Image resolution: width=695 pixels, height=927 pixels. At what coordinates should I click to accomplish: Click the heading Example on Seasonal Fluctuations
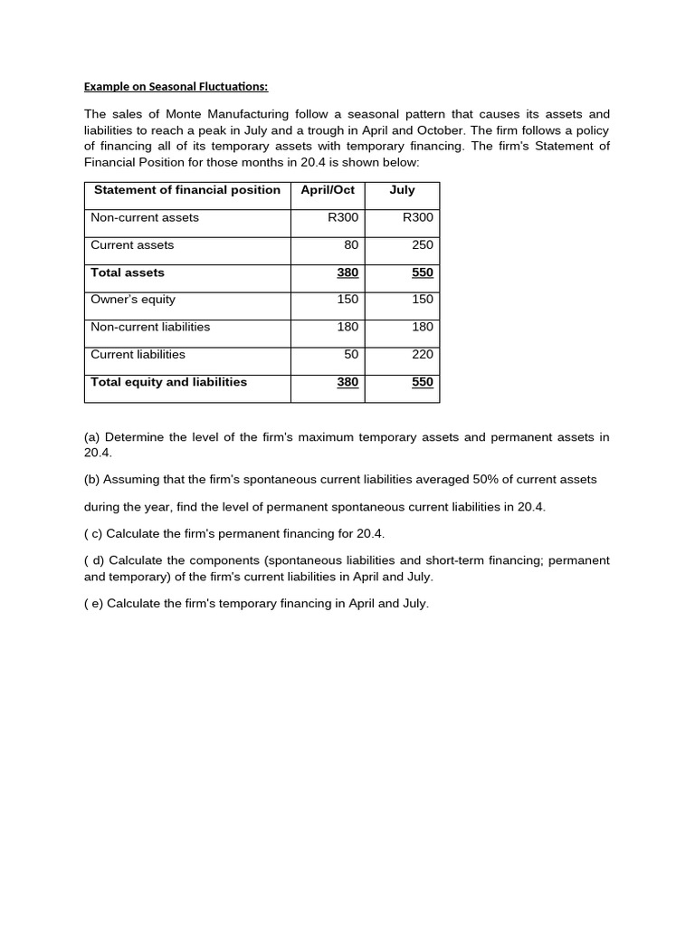(176, 87)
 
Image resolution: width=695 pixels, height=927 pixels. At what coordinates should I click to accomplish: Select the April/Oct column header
(327, 190)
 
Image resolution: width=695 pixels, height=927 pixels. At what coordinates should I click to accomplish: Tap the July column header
(402, 190)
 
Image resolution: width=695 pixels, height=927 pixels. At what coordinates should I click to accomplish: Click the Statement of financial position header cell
(187, 190)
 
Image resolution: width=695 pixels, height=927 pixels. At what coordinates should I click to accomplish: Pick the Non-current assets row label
(145, 217)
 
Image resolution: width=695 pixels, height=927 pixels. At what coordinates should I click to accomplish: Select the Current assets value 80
(351, 244)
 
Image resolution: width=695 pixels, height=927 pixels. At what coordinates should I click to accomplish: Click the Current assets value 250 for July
(422, 244)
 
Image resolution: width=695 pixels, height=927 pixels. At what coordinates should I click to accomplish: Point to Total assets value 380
(347, 272)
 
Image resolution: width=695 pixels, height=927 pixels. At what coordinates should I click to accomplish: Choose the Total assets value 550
(423, 272)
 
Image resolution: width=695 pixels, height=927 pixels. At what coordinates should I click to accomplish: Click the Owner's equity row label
(133, 300)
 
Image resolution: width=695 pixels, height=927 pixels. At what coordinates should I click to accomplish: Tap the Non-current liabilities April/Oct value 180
(347, 327)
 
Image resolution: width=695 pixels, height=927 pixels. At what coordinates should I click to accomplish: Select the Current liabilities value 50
(351, 354)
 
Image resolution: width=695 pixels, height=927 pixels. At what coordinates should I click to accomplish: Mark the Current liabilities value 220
(423, 354)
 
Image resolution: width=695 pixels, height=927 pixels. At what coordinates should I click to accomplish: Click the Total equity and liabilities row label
(168, 382)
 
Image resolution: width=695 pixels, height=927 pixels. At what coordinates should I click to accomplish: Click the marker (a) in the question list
(92, 437)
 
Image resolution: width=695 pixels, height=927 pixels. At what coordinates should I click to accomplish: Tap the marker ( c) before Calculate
(93, 534)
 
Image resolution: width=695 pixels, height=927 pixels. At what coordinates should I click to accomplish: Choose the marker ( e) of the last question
(93, 604)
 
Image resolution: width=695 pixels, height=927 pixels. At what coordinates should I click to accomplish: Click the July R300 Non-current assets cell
(418, 217)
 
